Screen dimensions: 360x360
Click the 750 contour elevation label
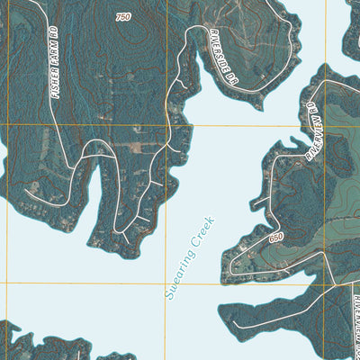tap(122, 17)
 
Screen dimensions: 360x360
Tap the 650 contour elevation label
tap(275, 237)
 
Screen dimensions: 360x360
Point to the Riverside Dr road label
tap(220, 53)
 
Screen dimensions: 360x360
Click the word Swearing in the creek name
tap(179, 269)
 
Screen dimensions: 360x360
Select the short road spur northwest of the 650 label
tap(256, 203)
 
